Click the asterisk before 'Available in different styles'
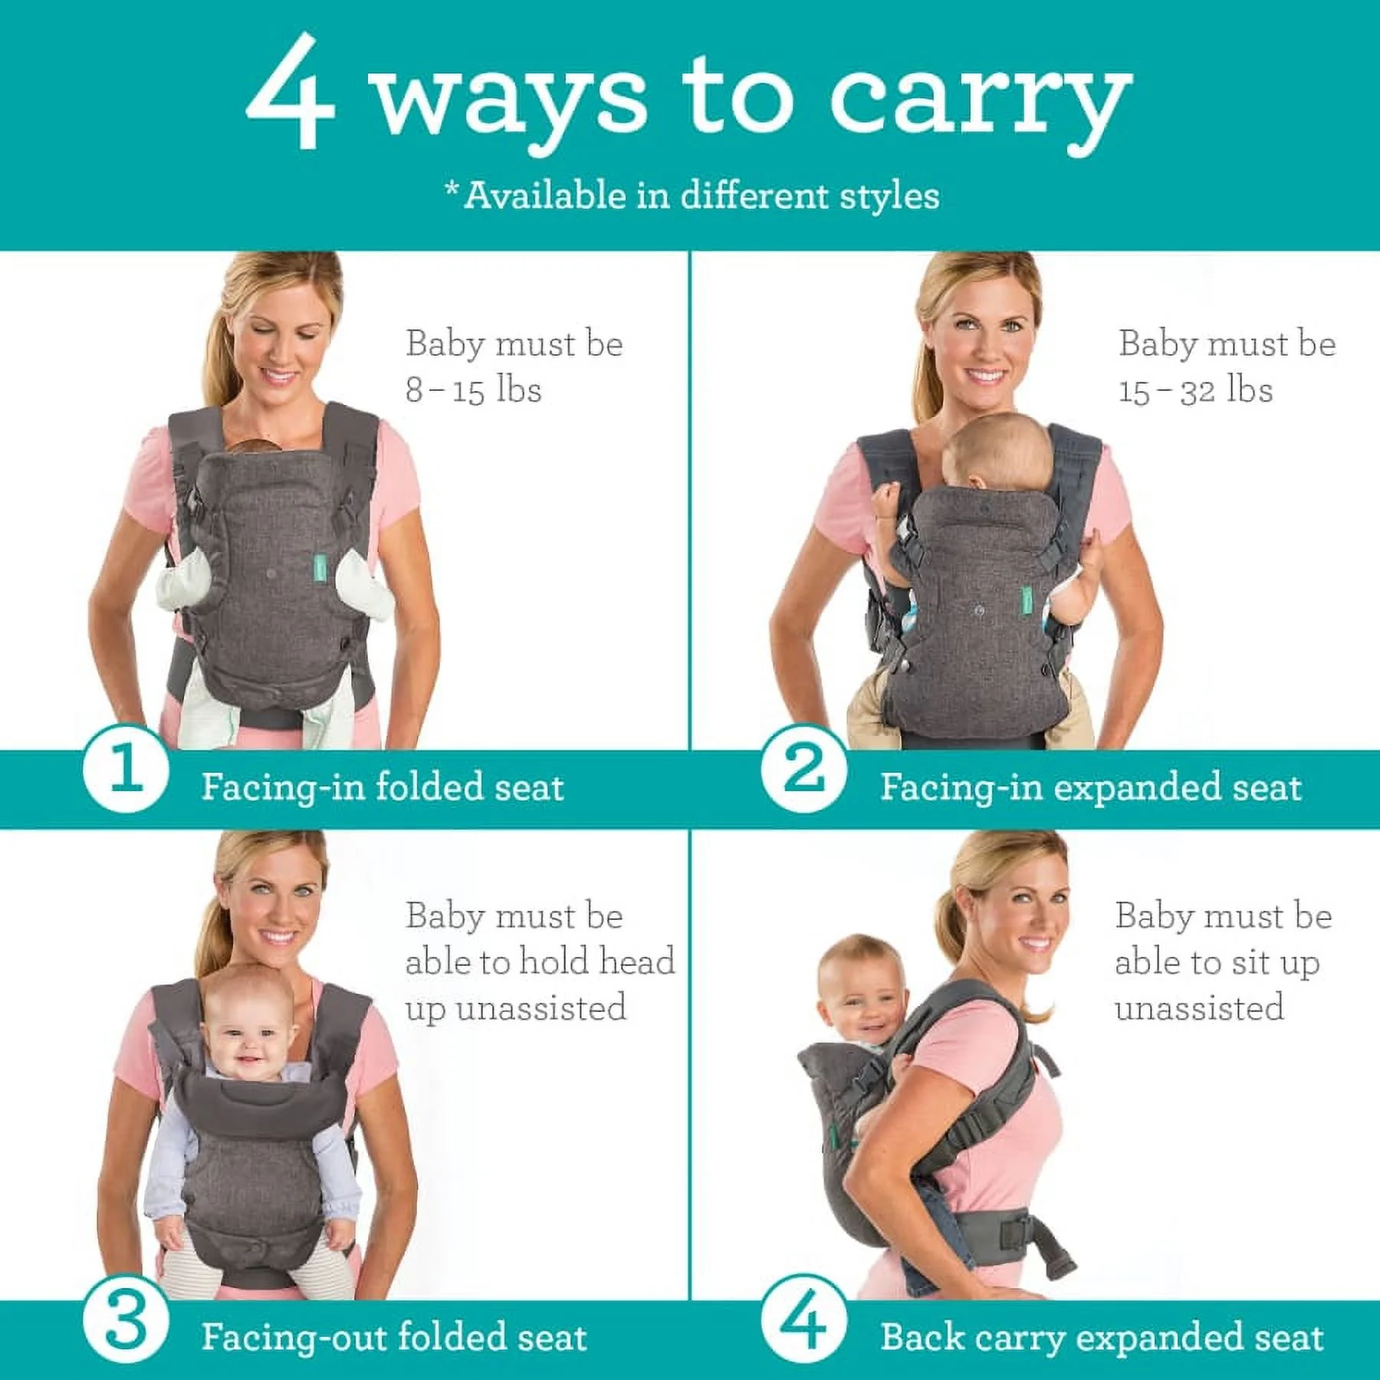(452, 188)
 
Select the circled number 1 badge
(125, 769)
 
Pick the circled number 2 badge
(803, 769)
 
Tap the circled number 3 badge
(125, 1320)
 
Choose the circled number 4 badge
(803, 1320)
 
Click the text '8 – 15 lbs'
(473, 390)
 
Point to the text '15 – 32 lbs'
(1195, 390)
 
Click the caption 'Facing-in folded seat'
(382, 787)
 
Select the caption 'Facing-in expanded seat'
(1090, 787)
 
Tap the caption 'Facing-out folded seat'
(394, 1337)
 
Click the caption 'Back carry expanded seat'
(1102, 1337)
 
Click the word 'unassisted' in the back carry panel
(1199, 1007)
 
